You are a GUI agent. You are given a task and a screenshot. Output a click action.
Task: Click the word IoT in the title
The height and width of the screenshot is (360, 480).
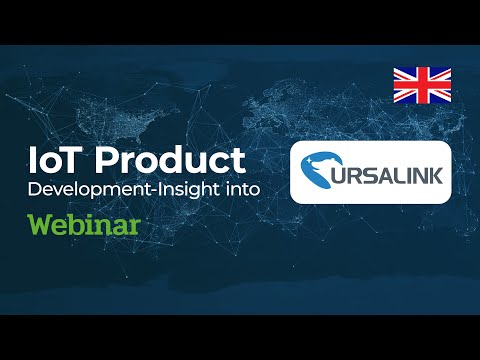click(x=59, y=161)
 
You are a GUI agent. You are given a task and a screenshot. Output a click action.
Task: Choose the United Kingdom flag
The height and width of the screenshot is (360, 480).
click(x=421, y=86)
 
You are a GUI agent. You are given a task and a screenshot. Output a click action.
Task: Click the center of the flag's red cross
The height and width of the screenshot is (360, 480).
click(x=421, y=86)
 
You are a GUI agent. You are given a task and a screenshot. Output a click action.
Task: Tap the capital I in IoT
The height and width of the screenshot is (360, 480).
click(x=35, y=161)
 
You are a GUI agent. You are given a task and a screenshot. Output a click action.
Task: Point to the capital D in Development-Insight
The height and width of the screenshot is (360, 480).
click(x=33, y=190)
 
